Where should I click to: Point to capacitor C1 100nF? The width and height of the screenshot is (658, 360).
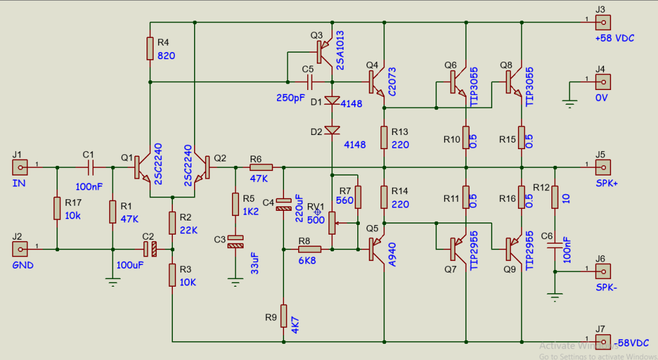tap(90, 168)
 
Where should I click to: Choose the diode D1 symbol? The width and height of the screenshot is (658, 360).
tap(332, 100)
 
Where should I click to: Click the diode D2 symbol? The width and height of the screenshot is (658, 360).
tap(332, 130)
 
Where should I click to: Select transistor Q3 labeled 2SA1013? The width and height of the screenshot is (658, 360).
tap(326, 53)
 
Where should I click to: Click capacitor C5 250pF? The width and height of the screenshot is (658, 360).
tap(309, 82)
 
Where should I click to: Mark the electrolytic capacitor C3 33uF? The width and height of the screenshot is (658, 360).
tap(236, 242)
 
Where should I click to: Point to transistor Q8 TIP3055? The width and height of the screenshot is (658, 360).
tap(514, 82)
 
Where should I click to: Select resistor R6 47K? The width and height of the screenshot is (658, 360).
tap(261, 168)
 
